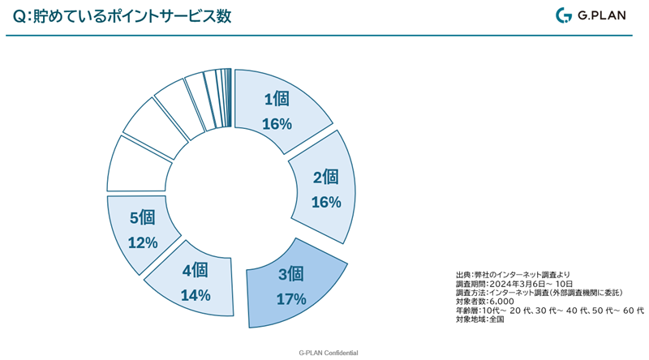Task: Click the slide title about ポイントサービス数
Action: pos(122,16)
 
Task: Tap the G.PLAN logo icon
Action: pos(564,15)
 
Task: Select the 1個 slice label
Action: pos(277,100)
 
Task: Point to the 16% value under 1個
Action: pos(277,124)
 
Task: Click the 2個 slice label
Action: pos(325,178)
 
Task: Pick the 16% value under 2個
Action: pos(325,202)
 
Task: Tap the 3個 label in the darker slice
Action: pos(290,273)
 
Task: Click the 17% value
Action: pos(290,298)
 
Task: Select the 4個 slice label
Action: pos(196,270)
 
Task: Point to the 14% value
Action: pos(196,295)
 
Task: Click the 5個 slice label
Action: pos(142,217)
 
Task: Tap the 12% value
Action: pos(142,242)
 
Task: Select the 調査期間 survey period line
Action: pos(514,284)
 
